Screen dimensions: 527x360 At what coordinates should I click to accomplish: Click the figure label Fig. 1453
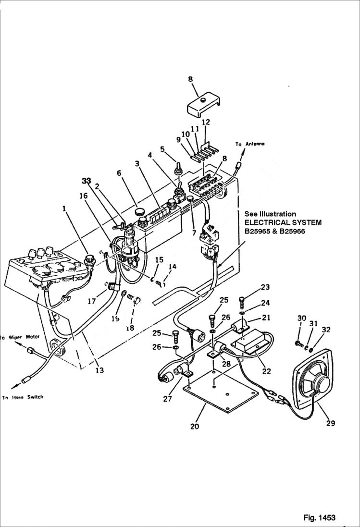pos(319,517)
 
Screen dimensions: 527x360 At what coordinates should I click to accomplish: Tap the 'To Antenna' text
pos(250,144)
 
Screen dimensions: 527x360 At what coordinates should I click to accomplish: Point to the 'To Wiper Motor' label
pos(20,337)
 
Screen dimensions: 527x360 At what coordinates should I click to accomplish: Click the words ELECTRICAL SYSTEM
pos(283,222)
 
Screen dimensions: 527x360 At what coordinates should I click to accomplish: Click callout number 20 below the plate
pos(194,427)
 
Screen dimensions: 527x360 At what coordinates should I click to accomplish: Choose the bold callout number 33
pos(87,181)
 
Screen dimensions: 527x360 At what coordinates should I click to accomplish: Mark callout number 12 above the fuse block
pos(206,123)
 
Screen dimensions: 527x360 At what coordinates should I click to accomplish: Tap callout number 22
pos(266,371)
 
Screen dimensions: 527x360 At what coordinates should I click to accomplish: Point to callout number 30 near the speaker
pos(301,319)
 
